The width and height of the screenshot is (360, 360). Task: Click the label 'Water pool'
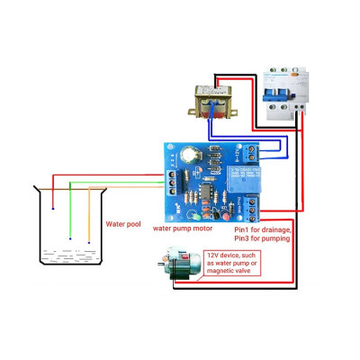123,222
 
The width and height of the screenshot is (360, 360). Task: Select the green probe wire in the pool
71,211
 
